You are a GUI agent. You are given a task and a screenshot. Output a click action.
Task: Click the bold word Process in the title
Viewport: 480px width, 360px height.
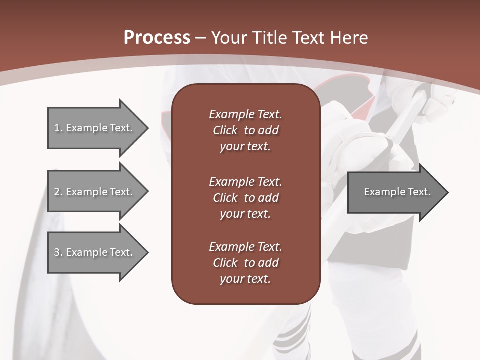pos(157,38)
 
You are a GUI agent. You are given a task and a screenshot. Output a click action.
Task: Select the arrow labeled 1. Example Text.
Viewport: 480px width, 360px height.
pos(95,128)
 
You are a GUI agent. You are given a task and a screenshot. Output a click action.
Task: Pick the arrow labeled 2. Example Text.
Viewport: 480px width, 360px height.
pos(95,192)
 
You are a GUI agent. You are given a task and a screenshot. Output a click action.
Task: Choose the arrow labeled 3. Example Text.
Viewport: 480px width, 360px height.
pos(95,252)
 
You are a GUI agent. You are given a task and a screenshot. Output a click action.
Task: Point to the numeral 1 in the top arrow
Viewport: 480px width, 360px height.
pos(56,128)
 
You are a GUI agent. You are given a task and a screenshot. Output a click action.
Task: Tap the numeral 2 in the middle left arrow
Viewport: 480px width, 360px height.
pos(57,192)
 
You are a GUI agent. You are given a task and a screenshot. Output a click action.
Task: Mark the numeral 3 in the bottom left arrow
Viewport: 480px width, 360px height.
pos(57,252)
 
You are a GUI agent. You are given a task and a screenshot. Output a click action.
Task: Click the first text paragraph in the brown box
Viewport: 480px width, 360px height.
pos(245,130)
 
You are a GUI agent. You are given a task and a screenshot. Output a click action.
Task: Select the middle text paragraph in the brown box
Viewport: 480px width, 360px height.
pos(245,197)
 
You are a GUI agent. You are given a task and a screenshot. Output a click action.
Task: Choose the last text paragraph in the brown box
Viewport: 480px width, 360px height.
pos(245,263)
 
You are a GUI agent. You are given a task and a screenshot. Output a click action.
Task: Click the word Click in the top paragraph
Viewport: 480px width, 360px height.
pos(225,130)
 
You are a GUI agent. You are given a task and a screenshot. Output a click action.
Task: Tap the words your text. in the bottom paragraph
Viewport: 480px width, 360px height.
pos(245,279)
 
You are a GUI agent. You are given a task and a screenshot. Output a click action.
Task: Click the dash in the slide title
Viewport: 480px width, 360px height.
pos(200,38)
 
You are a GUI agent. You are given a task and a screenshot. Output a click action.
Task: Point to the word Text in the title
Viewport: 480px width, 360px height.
pos(308,38)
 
